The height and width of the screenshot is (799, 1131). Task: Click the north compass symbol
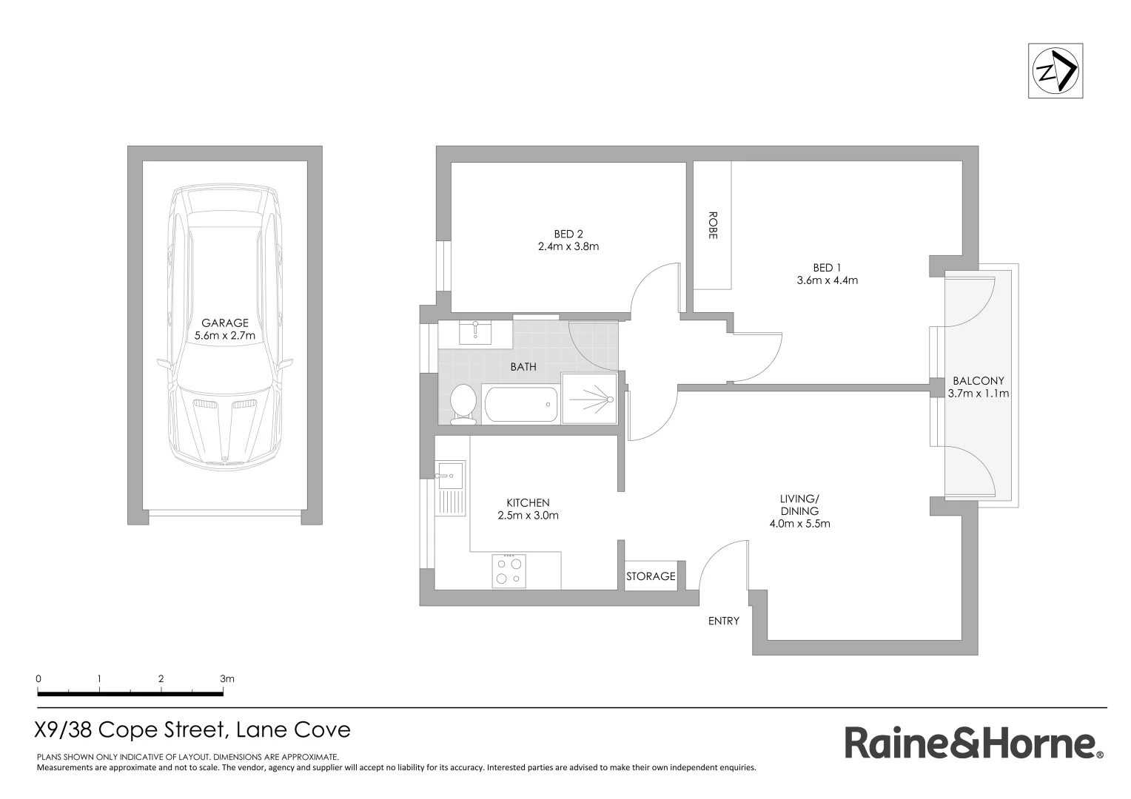coord(1056,71)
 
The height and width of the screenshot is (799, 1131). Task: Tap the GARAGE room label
coord(225,323)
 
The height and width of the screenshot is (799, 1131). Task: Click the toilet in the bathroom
coord(463,404)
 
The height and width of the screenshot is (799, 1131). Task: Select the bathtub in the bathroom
coord(520,404)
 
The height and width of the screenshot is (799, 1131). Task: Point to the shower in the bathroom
coord(589,398)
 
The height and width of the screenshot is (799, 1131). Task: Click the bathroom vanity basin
coord(474,333)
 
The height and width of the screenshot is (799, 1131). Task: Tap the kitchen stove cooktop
coord(509,570)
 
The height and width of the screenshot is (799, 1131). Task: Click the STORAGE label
coord(651,576)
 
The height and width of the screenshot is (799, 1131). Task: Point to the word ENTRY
coord(723,621)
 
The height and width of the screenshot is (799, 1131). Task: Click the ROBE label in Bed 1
coord(713,226)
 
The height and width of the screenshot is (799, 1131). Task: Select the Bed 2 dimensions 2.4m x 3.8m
coord(568,246)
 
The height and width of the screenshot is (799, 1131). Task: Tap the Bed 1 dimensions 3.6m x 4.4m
coord(827,280)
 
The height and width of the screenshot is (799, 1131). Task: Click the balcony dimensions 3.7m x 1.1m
coord(978,394)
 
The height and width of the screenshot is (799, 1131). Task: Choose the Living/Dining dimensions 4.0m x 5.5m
coord(799,524)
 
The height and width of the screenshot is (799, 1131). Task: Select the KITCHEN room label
coord(528,502)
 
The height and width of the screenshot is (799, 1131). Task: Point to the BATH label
coord(523,366)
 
